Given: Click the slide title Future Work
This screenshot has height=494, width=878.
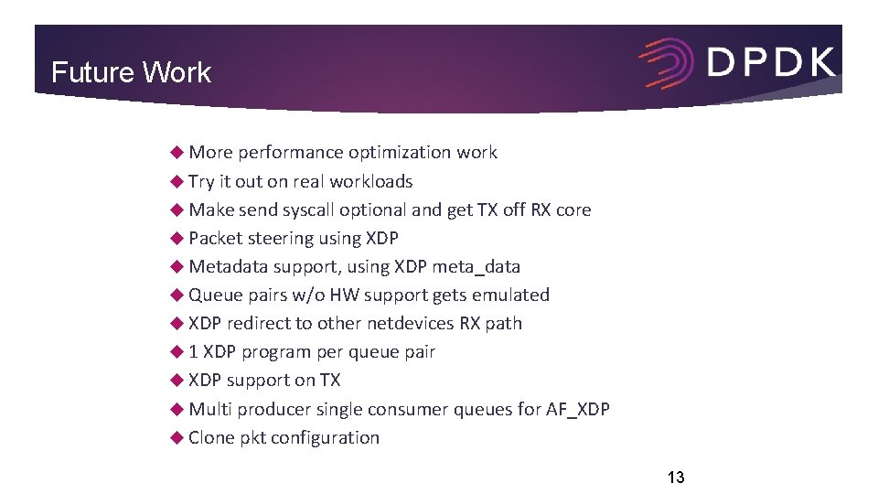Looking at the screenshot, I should tap(131, 72).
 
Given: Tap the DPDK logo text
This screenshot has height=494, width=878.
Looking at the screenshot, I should tap(771, 63).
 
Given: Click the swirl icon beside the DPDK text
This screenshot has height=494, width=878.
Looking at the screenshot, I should tap(668, 63).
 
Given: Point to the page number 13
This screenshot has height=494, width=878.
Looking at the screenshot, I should tap(676, 477).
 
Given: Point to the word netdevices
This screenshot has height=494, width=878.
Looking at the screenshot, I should tap(410, 323).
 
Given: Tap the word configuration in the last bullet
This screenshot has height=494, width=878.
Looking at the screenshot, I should tap(324, 437).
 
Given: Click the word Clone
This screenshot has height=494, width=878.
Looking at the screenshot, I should tap(211, 437).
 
